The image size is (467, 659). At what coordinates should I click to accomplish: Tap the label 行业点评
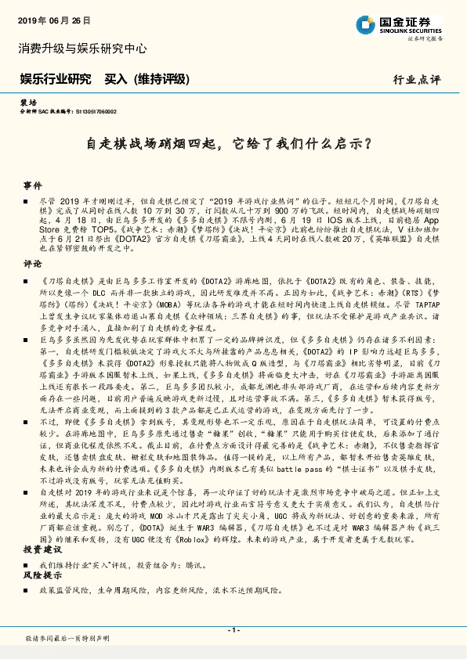(417, 80)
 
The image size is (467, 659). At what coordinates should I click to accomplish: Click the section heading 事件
(32, 186)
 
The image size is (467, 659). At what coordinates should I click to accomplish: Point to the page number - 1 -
(233, 629)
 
